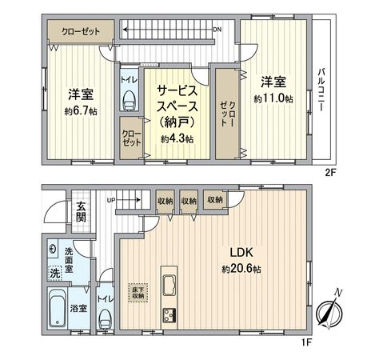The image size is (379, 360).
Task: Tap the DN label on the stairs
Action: click(217, 30)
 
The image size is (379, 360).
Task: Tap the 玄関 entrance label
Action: click(82, 213)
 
